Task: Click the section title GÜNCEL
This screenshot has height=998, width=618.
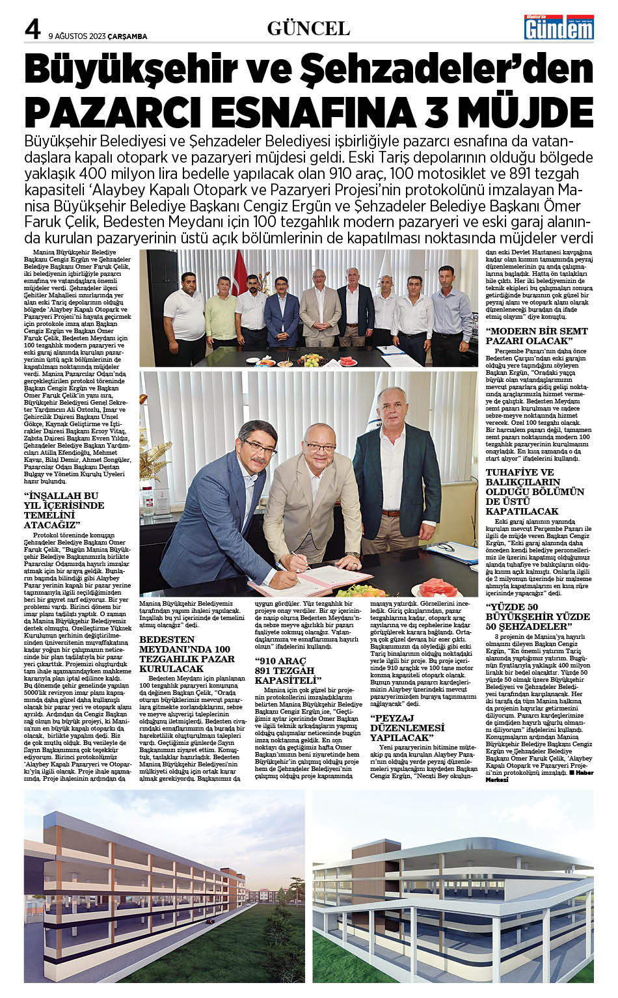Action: tap(308, 28)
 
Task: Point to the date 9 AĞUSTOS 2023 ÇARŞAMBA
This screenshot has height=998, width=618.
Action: tap(98, 36)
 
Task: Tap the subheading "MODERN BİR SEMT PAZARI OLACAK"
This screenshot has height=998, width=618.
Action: tap(537, 336)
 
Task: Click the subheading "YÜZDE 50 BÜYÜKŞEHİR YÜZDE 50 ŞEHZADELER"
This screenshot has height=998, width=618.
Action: tap(537, 621)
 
